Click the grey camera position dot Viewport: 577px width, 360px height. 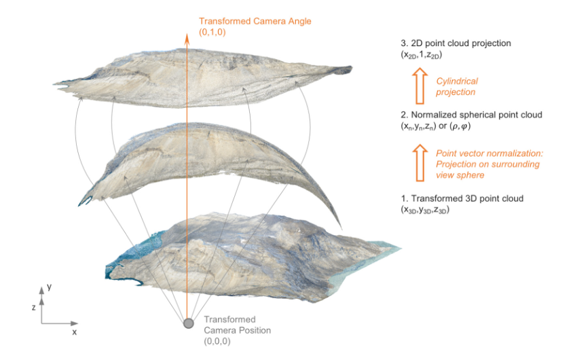[189, 323]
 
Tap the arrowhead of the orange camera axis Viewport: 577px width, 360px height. [187, 38]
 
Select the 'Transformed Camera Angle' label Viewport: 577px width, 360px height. [255, 21]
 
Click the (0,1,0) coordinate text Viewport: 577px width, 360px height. [212, 33]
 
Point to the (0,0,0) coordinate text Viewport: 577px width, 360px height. [217, 341]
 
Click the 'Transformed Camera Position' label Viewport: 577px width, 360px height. [238, 325]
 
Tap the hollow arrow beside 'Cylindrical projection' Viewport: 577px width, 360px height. [420, 86]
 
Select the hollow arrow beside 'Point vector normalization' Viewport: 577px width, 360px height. [420, 163]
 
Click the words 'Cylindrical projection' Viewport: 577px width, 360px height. [457, 86]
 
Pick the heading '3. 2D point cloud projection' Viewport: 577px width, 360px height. [455, 43]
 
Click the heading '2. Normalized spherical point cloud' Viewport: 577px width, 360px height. [471, 115]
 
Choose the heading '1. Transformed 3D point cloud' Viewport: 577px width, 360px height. [462, 198]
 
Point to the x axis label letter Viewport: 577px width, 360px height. [75, 332]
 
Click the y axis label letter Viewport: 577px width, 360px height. [49, 287]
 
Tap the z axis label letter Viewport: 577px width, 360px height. [33, 307]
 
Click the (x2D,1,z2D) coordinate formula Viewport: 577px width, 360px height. [422, 55]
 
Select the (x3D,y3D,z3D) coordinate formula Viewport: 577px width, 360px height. [425, 210]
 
